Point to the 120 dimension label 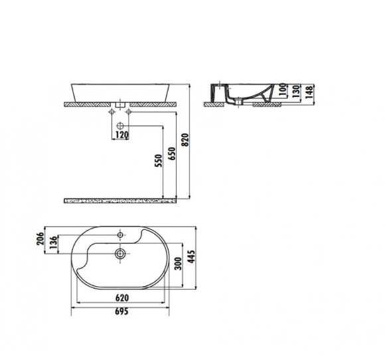[121, 135]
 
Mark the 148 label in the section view [309, 91]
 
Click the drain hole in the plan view [120, 253]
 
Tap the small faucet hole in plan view [120, 236]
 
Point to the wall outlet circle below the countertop [120, 126]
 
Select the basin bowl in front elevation [120, 91]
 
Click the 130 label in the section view [296, 90]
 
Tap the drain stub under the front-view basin [120, 105]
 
